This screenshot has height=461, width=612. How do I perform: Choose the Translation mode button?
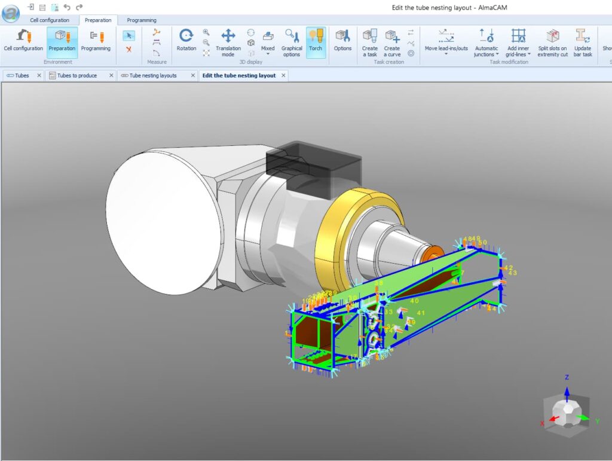(x=228, y=41)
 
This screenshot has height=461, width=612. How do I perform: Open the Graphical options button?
(x=292, y=41)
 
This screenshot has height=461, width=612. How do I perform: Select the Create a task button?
(x=370, y=41)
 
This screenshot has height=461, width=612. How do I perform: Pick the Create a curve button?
(x=392, y=41)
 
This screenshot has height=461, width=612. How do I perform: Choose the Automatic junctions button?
(x=486, y=41)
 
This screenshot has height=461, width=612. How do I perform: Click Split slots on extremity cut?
(x=552, y=41)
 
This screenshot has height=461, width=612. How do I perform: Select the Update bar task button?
(x=583, y=41)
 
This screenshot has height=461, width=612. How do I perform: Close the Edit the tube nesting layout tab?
(x=283, y=76)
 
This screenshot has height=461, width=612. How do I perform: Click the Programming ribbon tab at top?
(x=142, y=20)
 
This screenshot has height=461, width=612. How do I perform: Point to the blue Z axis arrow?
(x=567, y=390)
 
